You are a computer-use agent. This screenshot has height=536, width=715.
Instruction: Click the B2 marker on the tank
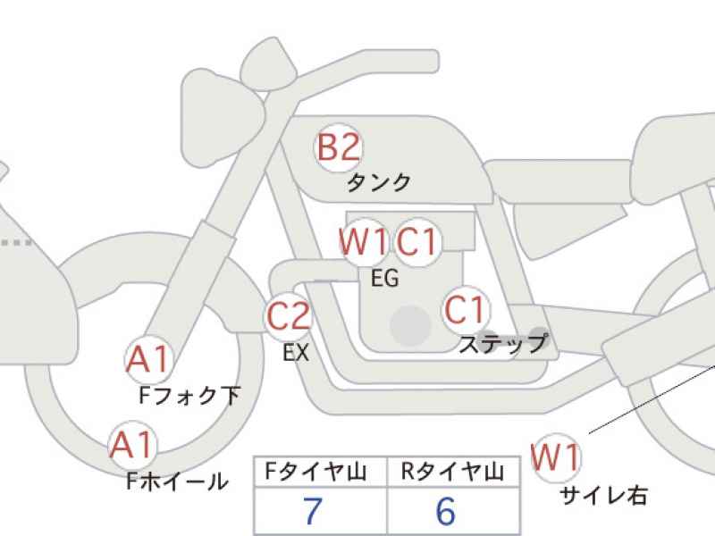pyautogui.click(x=339, y=147)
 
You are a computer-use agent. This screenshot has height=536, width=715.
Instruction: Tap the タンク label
pyautogui.click(x=379, y=183)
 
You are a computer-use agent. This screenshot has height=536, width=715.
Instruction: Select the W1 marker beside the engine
pyautogui.click(x=364, y=241)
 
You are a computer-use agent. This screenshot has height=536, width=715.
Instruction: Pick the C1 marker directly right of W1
pyautogui.click(x=418, y=241)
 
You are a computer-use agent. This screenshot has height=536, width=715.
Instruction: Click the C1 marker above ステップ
pyautogui.click(x=466, y=309)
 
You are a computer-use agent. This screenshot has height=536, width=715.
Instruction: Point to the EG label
pyautogui.click(x=385, y=278)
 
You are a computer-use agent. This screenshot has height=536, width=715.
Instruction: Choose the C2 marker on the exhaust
pyautogui.click(x=288, y=316)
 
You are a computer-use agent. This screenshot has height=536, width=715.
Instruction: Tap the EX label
pyautogui.click(x=296, y=352)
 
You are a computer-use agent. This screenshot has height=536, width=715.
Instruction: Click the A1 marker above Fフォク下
pyautogui.click(x=148, y=360)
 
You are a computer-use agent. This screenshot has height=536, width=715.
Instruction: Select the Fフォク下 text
pyautogui.click(x=189, y=395)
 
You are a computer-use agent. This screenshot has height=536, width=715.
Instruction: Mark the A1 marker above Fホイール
pyautogui.click(x=132, y=444)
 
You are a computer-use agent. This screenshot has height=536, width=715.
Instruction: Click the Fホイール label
pyautogui.click(x=177, y=481)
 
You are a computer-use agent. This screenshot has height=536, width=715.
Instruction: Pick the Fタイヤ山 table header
pyautogui.click(x=316, y=472)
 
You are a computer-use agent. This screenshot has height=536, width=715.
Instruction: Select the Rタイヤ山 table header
pyautogui.click(x=452, y=472)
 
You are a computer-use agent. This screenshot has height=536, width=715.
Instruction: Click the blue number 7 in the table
pyautogui.click(x=313, y=511)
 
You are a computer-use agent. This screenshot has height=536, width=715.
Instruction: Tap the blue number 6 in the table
pyautogui.click(x=446, y=511)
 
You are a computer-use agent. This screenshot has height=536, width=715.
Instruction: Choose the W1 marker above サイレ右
pyautogui.click(x=556, y=457)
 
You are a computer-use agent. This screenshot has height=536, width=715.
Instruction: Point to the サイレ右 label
pyautogui.click(x=603, y=496)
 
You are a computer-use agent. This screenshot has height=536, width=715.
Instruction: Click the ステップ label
pyautogui.click(x=502, y=344)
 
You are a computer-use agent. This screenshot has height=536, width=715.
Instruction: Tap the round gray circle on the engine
pyautogui.click(x=411, y=326)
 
